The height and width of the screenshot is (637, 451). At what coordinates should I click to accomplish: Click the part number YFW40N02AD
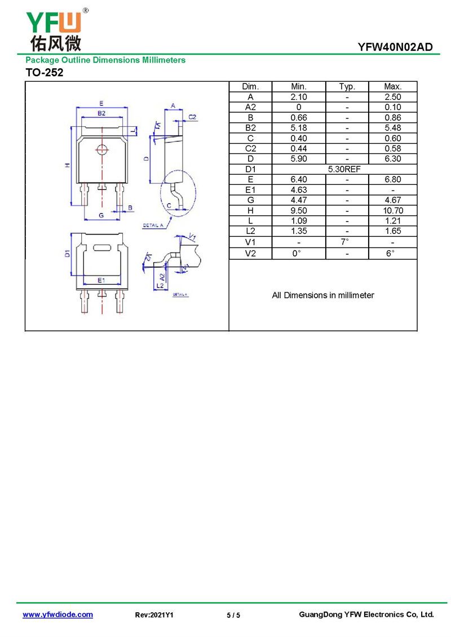(395, 47)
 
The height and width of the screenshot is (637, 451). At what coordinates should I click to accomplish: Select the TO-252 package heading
(45, 72)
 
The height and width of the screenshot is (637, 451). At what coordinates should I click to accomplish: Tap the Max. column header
(392, 87)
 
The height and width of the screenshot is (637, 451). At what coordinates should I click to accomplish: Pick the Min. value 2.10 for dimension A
(299, 97)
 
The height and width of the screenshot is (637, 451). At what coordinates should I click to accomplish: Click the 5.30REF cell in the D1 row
(344, 169)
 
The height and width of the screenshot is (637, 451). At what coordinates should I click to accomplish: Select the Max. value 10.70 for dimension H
(393, 210)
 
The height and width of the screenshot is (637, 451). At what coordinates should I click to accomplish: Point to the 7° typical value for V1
(345, 242)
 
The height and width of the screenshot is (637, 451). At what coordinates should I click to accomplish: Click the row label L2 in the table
(250, 231)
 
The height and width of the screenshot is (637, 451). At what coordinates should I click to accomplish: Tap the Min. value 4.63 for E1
(299, 190)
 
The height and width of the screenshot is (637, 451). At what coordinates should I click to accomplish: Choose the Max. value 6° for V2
(390, 253)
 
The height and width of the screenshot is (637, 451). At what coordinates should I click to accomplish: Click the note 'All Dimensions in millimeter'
(323, 295)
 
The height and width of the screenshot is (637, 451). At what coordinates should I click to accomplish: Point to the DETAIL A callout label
(153, 225)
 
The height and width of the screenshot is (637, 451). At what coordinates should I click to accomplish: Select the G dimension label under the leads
(101, 215)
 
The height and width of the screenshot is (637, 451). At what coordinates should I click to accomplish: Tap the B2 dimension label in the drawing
(101, 113)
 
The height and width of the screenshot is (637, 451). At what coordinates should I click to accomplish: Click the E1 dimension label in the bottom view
(101, 280)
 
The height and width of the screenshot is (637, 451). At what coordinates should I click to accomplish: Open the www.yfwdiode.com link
(58, 614)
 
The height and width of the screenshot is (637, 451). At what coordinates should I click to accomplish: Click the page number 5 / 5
(233, 615)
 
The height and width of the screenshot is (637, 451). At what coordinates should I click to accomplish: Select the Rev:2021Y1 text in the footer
(154, 615)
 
